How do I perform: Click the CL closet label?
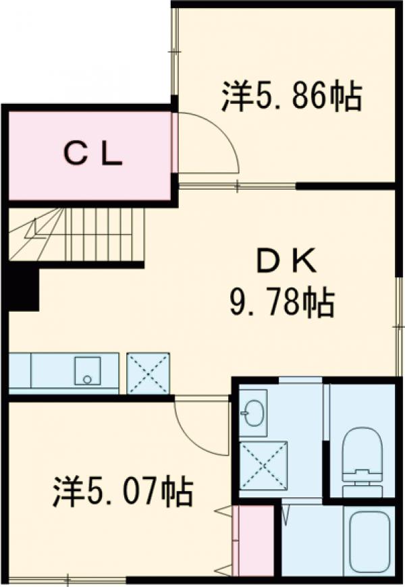[x=93, y=156]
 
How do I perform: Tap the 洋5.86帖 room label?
[x=291, y=97]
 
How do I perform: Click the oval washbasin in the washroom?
[x=254, y=414]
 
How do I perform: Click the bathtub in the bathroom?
[x=367, y=543]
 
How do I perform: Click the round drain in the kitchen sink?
[x=87, y=379]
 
